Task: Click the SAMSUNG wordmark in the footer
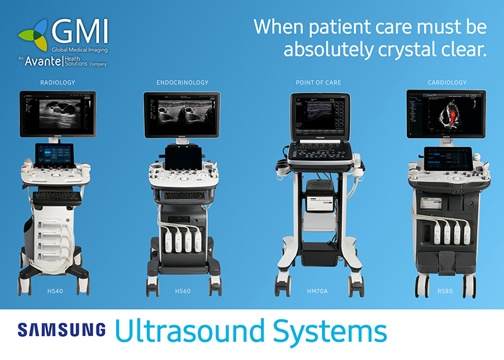point(62,330)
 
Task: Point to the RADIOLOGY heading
point(57,83)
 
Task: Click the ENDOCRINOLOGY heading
point(182,83)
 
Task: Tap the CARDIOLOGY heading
point(447,83)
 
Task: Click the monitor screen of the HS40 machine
point(57,113)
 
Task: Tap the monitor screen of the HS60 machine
point(182,114)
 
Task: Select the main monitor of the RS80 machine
point(447,114)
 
